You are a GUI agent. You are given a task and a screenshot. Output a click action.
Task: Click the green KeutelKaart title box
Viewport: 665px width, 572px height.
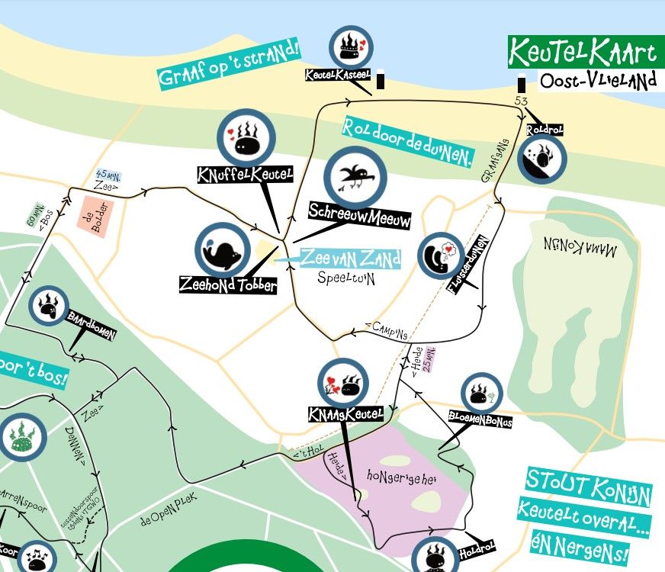pyautogui.click(x=583, y=52)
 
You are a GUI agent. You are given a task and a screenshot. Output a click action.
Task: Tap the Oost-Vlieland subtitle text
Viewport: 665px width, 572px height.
pyautogui.click(x=597, y=81)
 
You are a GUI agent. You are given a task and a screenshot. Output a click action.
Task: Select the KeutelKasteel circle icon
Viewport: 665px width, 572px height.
pyautogui.click(x=351, y=47)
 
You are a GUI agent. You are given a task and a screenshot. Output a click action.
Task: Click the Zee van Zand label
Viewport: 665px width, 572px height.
pyautogui.click(x=350, y=259)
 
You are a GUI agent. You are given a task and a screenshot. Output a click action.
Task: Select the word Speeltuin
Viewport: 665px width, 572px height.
pyautogui.click(x=347, y=278)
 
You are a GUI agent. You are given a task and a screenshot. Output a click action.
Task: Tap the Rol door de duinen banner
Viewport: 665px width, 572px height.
pyautogui.click(x=408, y=142)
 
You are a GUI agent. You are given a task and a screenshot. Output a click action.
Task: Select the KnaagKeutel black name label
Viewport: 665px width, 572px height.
pyautogui.click(x=345, y=414)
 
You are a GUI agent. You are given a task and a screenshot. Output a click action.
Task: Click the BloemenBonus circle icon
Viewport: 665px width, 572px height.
pyautogui.click(x=482, y=394)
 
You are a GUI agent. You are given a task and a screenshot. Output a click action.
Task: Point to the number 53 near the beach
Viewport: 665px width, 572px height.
pyautogui.click(x=521, y=101)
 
